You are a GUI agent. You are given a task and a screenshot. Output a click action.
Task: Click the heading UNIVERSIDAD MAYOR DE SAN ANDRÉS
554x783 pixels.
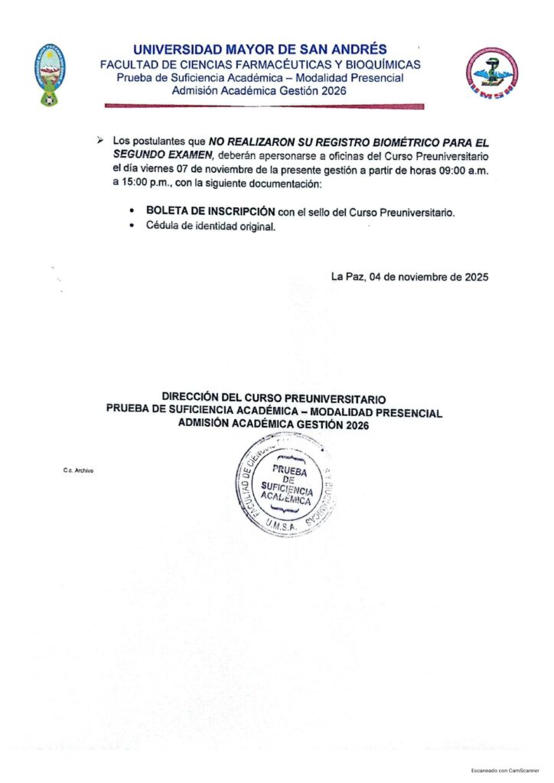[x=259, y=50]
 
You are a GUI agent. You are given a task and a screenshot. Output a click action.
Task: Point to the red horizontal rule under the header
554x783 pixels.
[x=263, y=106]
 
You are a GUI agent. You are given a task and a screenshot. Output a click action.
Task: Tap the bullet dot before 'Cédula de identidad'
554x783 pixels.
[x=132, y=226]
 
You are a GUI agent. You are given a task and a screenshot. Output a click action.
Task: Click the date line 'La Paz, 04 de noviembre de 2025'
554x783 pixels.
[x=409, y=277]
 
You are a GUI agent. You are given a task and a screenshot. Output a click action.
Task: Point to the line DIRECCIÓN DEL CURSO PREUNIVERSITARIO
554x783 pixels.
[x=274, y=398]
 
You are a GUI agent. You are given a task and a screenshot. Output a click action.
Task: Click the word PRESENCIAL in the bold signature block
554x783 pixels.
[x=404, y=413]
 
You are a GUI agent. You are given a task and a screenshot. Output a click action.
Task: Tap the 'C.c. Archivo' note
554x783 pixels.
[x=78, y=470]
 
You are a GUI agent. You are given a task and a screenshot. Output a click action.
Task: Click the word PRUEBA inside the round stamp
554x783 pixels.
[x=289, y=471]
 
